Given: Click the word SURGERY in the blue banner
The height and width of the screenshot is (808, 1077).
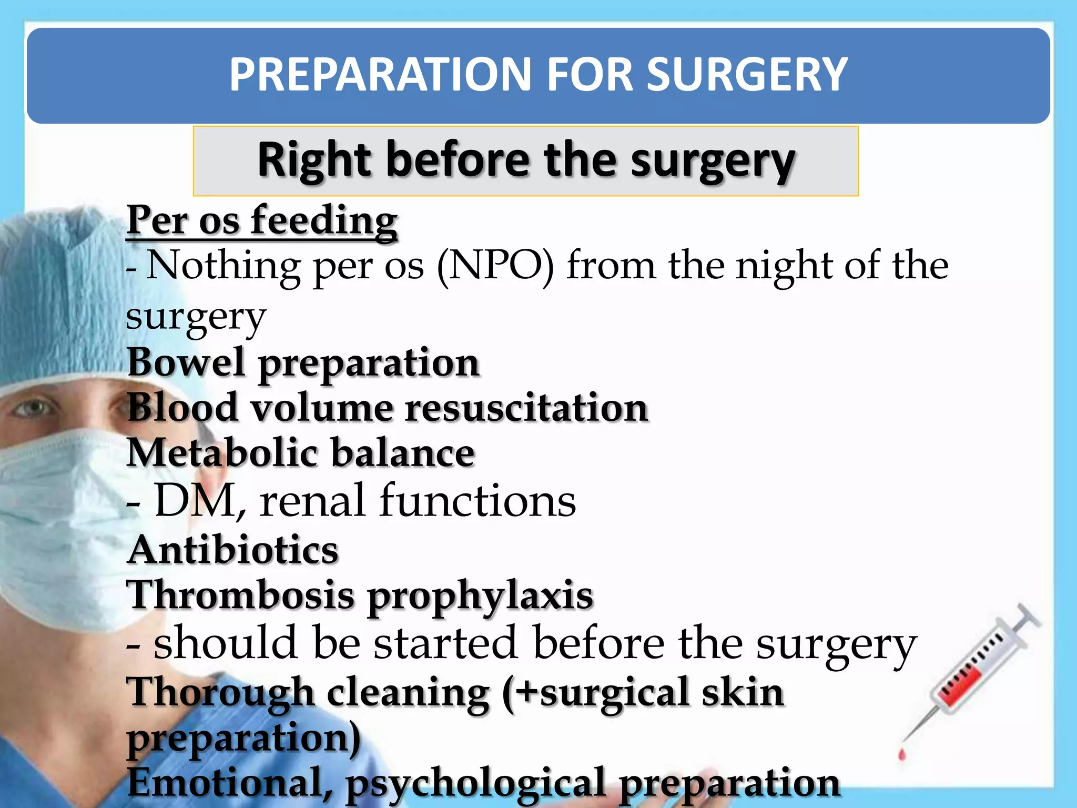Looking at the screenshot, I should (747, 75).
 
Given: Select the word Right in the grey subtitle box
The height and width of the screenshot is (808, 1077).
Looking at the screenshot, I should (314, 160).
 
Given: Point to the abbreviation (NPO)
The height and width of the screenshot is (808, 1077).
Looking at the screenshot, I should (495, 266).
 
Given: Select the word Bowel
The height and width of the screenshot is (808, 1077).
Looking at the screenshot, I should (186, 362).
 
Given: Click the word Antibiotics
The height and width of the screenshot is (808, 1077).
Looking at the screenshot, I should (233, 550).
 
